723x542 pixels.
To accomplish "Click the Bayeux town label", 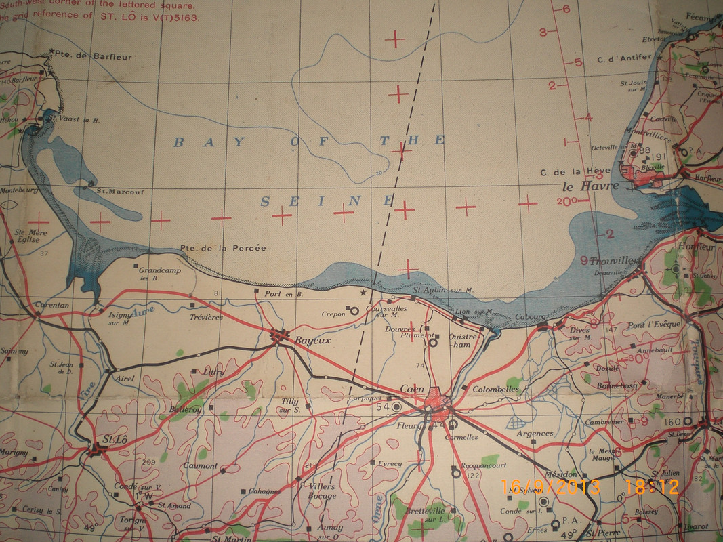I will click(x=313, y=341).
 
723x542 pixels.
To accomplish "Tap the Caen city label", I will click(x=412, y=389).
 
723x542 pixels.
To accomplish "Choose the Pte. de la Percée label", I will click(x=223, y=249).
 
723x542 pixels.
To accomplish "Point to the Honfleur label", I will click(x=697, y=247).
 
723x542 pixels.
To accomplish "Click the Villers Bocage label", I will click(x=322, y=491).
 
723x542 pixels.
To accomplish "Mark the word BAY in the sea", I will click(x=188, y=142).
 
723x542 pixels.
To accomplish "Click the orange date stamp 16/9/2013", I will click(x=550, y=486).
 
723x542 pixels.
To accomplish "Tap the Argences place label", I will click(x=535, y=434).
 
